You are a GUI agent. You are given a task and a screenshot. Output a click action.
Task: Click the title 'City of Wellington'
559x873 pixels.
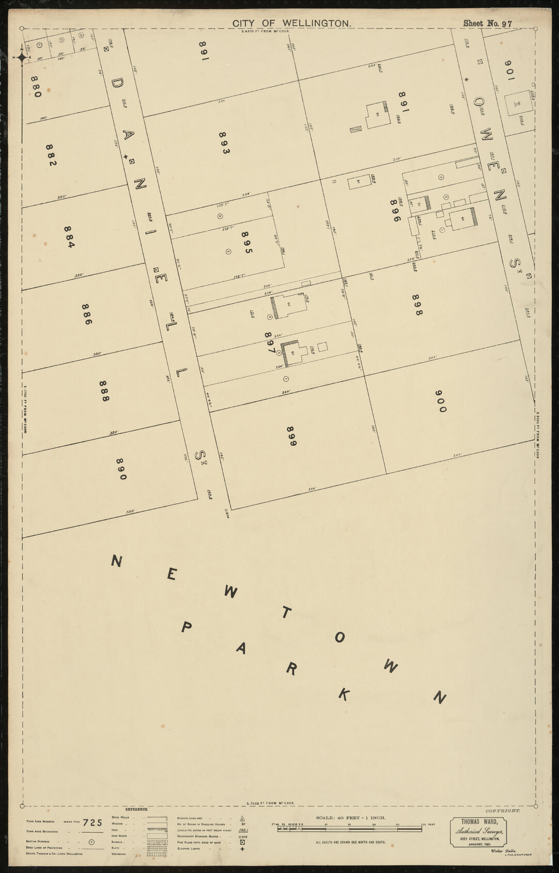click(x=292, y=23)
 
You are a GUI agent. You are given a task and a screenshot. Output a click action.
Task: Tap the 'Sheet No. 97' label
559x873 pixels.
click(x=487, y=23)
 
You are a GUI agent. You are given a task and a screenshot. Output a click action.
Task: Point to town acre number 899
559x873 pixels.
click(x=290, y=436)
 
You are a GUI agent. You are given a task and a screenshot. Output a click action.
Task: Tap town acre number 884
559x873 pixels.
click(x=69, y=236)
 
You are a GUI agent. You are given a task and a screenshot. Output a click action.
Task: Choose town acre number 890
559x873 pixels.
click(x=120, y=469)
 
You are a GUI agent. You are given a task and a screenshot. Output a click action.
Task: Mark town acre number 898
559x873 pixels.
click(x=417, y=305)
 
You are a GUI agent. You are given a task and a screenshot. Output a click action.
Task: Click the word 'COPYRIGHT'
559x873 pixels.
click(x=503, y=811)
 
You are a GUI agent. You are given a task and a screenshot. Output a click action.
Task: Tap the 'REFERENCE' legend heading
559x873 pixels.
click(x=137, y=809)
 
